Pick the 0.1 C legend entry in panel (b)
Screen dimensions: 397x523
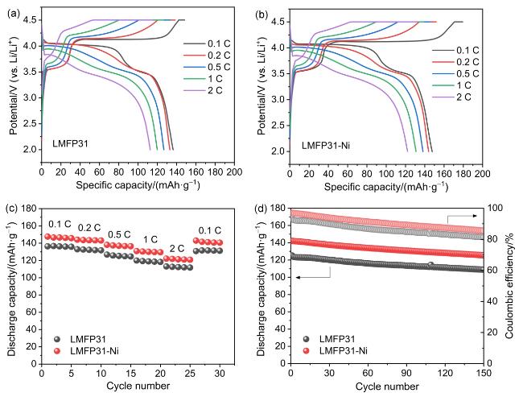pos(467,47)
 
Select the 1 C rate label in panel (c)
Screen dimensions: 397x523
pos(150,239)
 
